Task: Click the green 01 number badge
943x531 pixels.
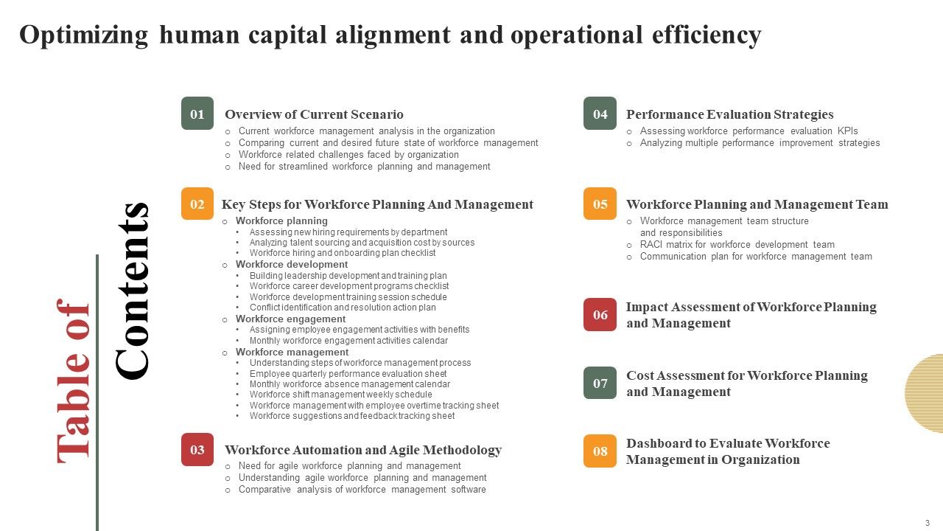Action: (197, 114)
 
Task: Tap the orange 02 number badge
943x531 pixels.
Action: (197, 204)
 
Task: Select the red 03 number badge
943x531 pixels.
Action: (197, 449)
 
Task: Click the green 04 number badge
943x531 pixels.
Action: (600, 114)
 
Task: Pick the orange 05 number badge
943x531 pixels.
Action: (600, 204)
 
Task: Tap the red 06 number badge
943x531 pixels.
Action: (600, 315)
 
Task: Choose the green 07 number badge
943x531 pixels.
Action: (600, 383)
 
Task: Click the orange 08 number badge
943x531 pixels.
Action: (600, 451)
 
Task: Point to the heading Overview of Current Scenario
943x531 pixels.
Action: (314, 114)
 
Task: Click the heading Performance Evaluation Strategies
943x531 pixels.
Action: (729, 114)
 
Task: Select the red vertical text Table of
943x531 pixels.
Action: (74, 381)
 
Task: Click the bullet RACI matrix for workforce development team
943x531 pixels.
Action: (737, 245)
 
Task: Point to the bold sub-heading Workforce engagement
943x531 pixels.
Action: (290, 319)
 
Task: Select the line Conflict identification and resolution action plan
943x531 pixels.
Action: (343, 308)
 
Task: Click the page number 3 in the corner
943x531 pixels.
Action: (928, 522)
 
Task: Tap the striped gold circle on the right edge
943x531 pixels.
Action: (925, 393)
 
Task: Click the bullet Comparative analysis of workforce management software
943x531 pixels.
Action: (362, 490)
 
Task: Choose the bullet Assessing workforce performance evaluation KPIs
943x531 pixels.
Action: (749, 131)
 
